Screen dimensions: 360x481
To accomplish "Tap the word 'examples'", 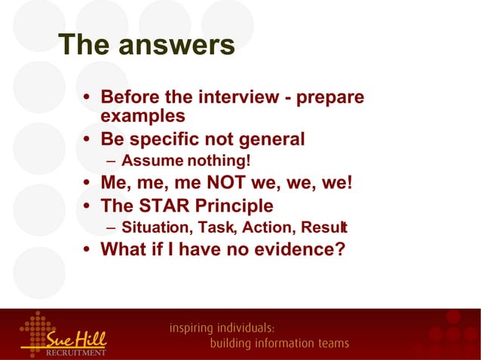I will tap(142, 116).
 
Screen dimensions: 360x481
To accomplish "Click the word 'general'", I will tap(267, 139).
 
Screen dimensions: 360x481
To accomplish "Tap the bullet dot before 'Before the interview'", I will tap(88, 99).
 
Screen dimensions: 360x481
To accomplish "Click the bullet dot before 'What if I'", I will tap(88, 249).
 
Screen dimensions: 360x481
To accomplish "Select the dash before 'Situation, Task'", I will tap(112, 227).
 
